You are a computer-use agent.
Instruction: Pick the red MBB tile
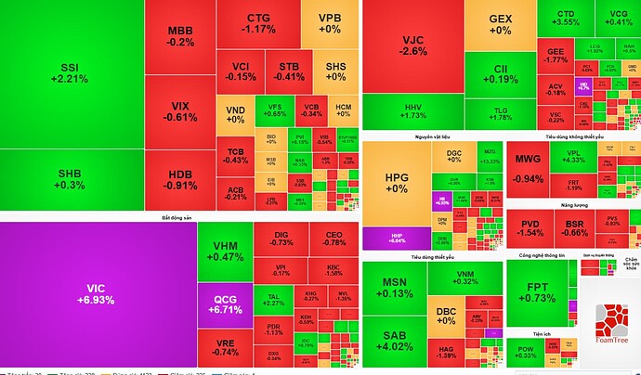180,36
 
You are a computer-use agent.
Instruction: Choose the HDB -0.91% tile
180,178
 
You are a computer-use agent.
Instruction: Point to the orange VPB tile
330,23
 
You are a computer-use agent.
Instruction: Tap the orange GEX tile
500,24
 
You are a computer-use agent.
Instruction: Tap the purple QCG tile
224,304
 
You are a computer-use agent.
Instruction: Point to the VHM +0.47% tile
226,252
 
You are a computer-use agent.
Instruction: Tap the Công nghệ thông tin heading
543,255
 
